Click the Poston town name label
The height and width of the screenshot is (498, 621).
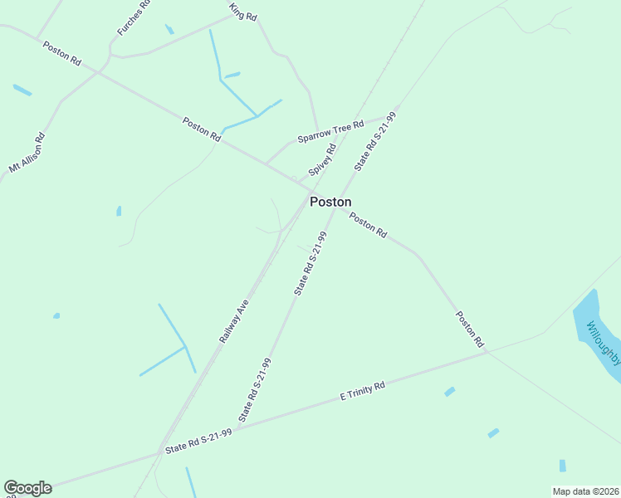330,202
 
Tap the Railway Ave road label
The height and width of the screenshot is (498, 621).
234,322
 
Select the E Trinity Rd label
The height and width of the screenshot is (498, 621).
363,392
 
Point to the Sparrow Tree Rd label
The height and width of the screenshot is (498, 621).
330,131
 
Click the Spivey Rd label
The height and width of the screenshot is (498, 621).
322,160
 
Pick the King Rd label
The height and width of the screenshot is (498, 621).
243,12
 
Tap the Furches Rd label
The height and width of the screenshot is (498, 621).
133,17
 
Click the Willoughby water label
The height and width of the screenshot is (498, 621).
604,340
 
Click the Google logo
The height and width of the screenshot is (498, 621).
27,488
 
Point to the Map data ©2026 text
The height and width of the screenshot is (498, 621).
584,491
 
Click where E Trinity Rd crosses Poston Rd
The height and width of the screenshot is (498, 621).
488,352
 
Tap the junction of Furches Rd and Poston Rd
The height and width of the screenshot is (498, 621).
98,72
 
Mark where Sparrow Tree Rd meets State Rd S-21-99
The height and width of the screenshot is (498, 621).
397,109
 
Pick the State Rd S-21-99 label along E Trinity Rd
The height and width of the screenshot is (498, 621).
198,441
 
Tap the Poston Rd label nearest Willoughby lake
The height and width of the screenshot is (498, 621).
470,329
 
